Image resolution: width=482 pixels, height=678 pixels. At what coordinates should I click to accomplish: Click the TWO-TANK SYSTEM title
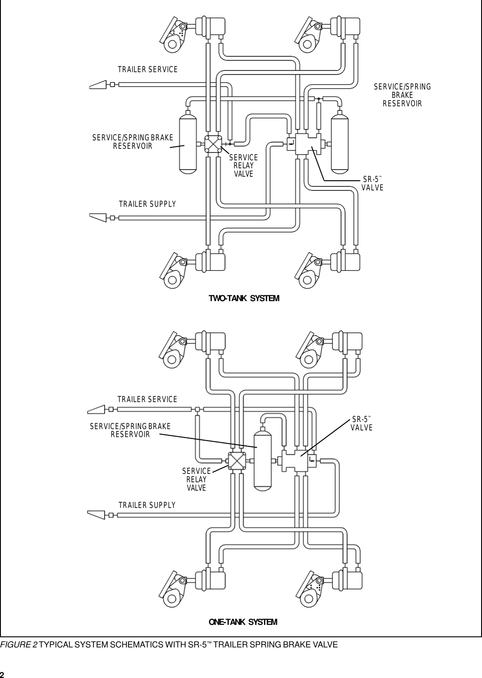[244, 298]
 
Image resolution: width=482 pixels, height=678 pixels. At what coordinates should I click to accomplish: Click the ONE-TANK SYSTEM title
[243, 622]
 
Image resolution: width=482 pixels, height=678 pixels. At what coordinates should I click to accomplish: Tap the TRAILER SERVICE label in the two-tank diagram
[148, 70]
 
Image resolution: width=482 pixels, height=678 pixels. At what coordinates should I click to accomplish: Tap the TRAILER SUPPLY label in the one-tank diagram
[147, 505]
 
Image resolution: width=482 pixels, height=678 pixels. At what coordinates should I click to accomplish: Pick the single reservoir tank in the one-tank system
[262, 461]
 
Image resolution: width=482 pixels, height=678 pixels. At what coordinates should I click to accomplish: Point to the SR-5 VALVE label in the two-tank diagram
[372, 183]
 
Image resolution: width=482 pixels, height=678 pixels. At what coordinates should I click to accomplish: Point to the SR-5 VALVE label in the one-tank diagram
[361, 423]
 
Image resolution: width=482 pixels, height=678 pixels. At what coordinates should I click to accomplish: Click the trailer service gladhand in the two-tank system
[98, 85]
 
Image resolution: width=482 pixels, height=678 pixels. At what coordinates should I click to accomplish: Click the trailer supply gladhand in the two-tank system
[98, 217]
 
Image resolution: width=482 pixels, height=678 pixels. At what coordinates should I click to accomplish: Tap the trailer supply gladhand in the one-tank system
[97, 515]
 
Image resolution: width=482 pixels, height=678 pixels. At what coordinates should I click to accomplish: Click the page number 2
[3, 674]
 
